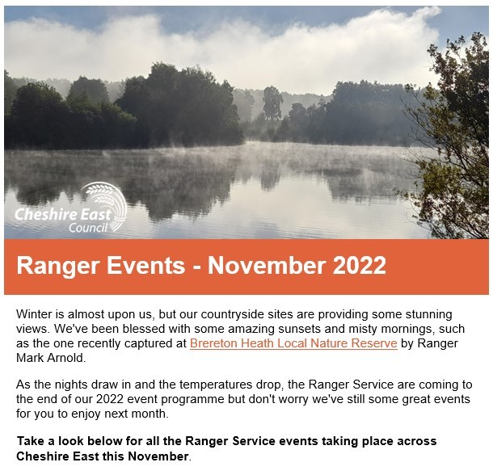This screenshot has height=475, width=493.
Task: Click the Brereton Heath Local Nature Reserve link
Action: (x=293, y=343)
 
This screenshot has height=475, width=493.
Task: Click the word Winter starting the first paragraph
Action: (x=35, y=313)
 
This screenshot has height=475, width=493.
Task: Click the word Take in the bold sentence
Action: (x=31, y=441)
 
